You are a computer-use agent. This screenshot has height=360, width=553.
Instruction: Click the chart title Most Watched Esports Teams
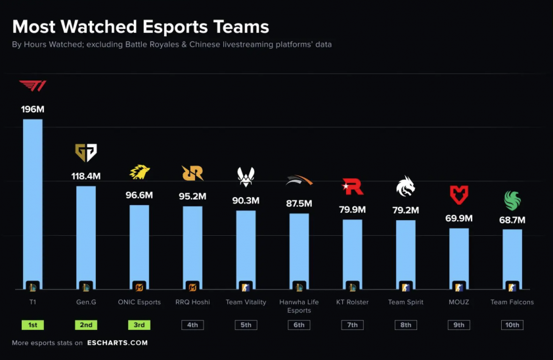coord(141,27)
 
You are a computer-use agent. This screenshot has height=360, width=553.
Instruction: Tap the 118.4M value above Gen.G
coord(85,176)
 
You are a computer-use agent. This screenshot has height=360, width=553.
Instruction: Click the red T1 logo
coord(33,86)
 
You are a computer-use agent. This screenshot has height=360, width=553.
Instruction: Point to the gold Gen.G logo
coord(85,153)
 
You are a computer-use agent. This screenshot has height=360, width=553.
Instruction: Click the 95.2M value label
coord(192,196)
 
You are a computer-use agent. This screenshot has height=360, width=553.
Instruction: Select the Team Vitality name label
coord(246,302)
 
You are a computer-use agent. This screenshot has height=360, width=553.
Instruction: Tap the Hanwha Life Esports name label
coord(299,306)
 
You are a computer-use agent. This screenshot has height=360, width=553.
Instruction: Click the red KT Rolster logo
coord(353,187)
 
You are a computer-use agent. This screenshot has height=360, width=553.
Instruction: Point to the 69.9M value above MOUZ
coord(459,218)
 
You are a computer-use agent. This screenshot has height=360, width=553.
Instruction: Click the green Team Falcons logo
coord(512,200)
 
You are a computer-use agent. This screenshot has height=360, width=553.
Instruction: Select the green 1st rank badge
coord(33,325)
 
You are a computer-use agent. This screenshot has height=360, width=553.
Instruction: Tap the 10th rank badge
coord(512,325)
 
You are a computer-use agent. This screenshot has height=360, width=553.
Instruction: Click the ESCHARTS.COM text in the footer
coord(118,342)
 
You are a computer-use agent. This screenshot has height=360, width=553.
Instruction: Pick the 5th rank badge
coord(246,325)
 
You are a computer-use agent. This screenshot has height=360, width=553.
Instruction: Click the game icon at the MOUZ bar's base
coord(459,286)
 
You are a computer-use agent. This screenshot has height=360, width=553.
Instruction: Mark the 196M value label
coord(33,109)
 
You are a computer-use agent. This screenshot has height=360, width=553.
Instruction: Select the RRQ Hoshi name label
coord(192,302)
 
